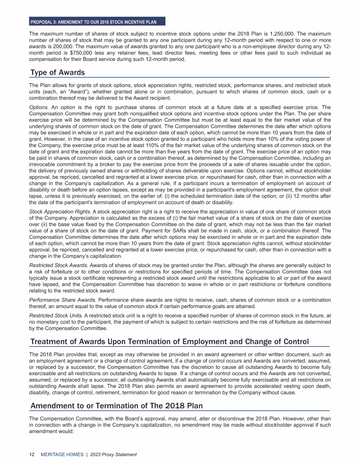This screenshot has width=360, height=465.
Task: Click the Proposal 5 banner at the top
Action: pos(97,22)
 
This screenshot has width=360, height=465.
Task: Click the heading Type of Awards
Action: pos(58,73)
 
